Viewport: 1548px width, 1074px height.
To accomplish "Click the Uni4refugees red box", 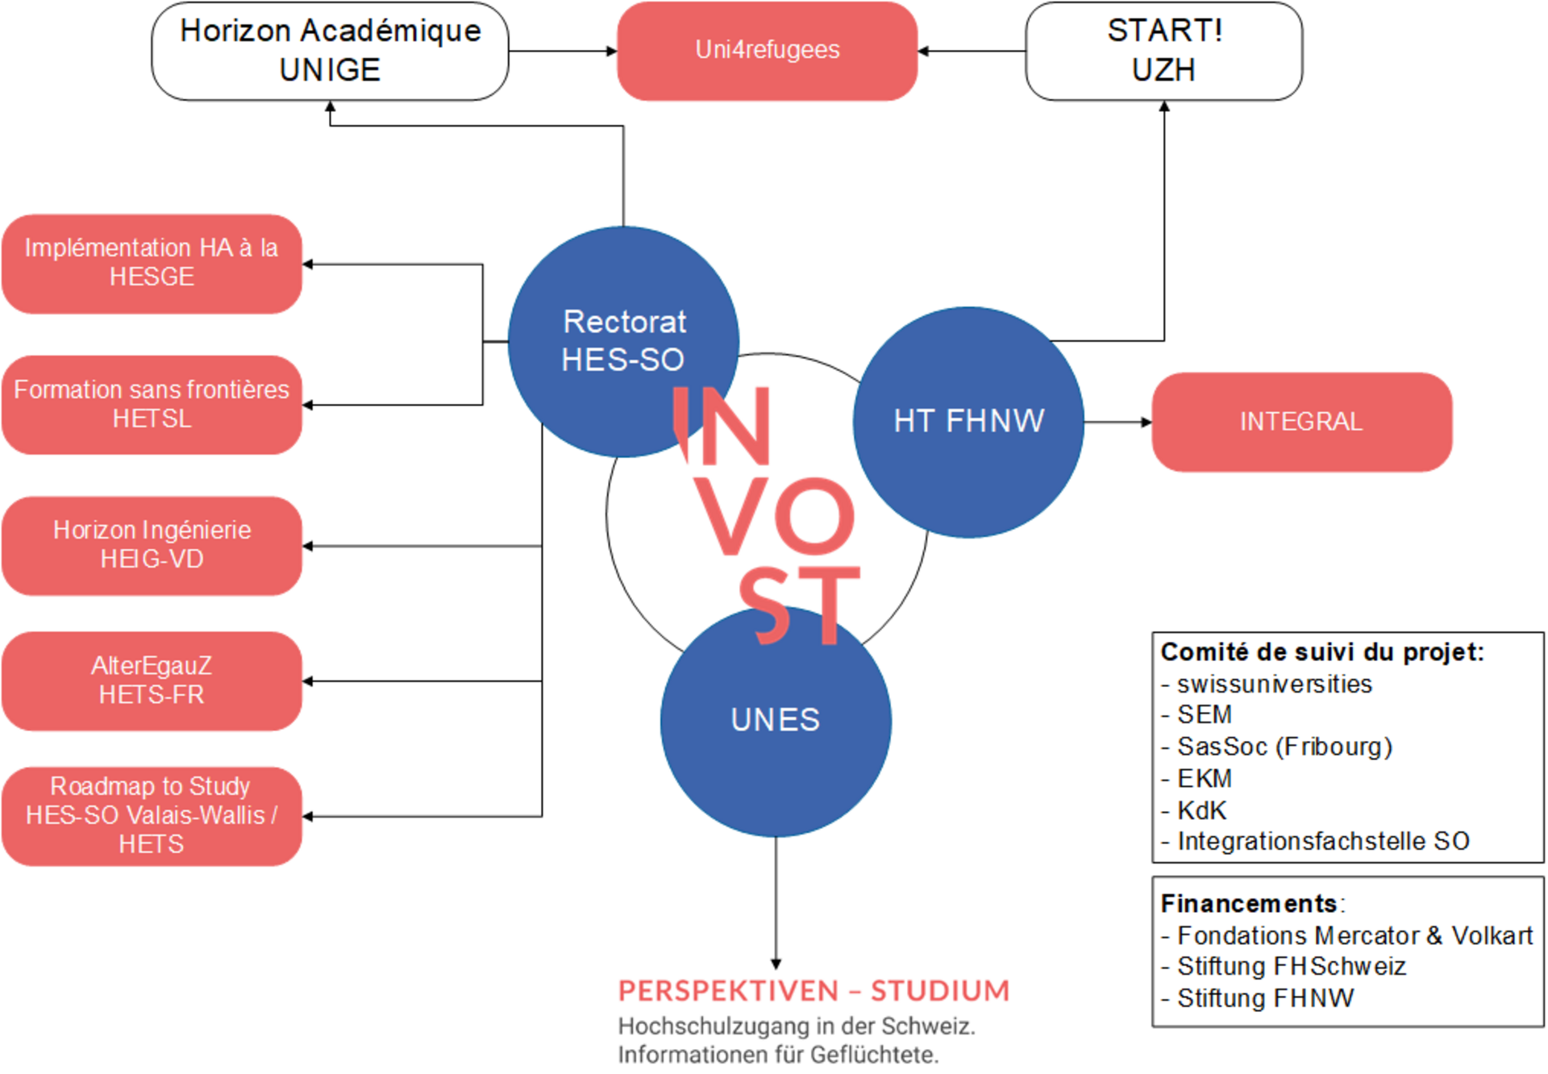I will point(767,51).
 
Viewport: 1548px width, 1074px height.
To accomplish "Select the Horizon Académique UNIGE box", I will point(330,51).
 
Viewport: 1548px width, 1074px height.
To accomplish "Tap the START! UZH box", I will point(1163,51).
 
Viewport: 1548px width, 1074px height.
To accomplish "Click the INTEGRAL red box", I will point(1301,422).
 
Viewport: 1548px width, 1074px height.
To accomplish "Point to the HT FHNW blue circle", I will point(968,422).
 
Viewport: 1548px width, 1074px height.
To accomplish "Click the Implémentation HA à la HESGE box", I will point(152,263).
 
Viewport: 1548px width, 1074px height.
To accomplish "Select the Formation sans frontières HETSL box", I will point(152,405).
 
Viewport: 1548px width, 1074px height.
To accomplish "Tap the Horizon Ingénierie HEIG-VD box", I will point(152,545).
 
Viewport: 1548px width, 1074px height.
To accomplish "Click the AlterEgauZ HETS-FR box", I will point(152,681).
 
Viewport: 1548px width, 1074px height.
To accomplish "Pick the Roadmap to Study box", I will point(152,815).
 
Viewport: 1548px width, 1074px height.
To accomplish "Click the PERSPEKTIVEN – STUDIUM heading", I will point(814,990).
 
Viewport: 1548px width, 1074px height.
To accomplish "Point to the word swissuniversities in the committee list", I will point(1274,685).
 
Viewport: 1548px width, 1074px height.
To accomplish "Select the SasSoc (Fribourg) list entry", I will point(1284,747).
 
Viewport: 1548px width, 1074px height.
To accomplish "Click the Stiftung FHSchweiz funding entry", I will point(1291,966).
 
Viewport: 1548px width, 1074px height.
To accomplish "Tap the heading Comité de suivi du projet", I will point(1321,651).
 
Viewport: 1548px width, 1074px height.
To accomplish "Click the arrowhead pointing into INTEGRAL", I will point(1146,422).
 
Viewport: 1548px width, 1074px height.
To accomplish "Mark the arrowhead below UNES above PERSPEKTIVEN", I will point(776,964).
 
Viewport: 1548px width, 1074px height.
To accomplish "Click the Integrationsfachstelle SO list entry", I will point(1323,841).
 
